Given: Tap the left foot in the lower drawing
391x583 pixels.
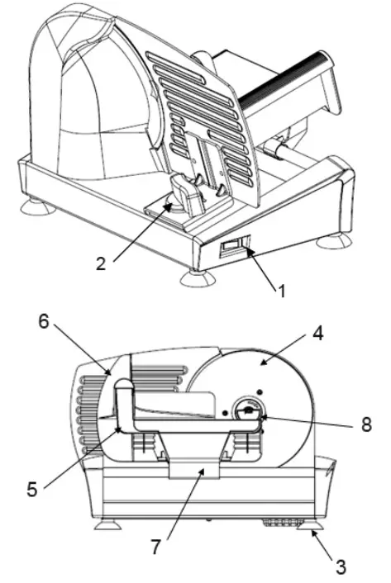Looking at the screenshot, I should click(105, 524).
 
